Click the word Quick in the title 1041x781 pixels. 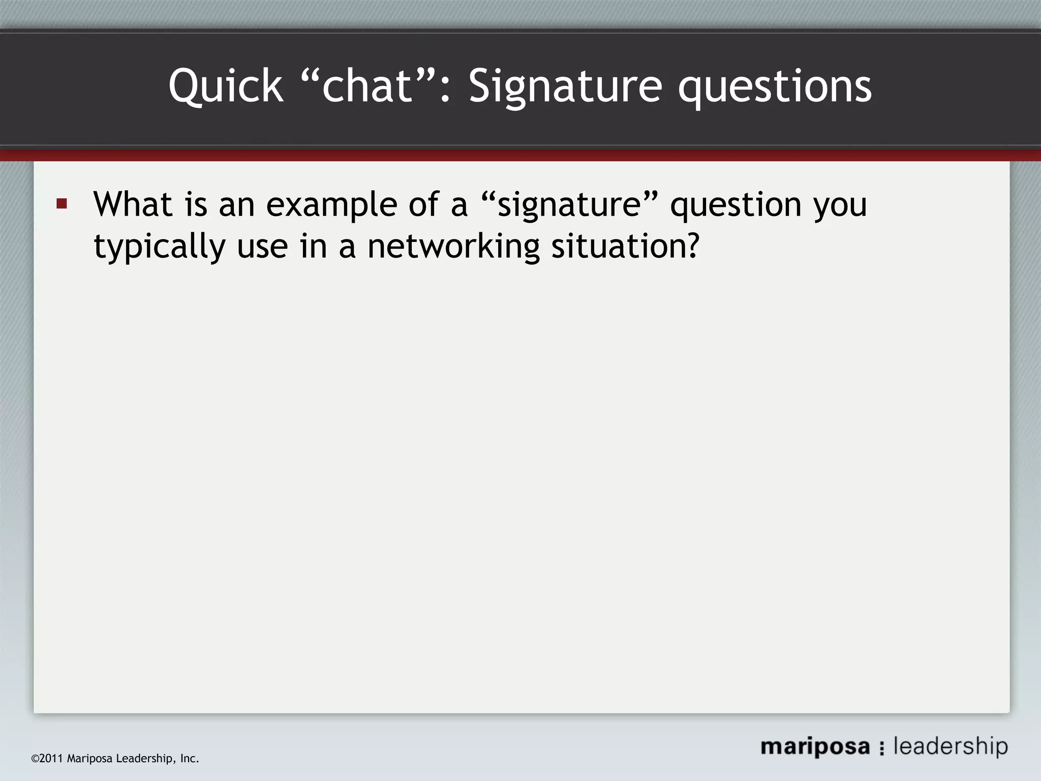(x=225, y=86)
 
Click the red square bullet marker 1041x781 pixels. (x=62, y=204)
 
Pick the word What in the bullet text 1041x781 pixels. (x=133, y=204)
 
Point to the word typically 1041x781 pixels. (x=159, y=247)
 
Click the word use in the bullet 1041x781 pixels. (x=262, y=247)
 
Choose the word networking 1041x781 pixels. (x=453, y=247)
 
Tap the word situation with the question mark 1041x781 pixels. (x=625, y=247)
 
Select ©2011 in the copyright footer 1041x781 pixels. (x=47, y=759)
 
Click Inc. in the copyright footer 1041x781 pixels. (x=190, y=759)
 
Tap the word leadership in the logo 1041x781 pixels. (x=951, y=746)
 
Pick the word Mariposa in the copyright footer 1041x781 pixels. (x=90, y=759)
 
